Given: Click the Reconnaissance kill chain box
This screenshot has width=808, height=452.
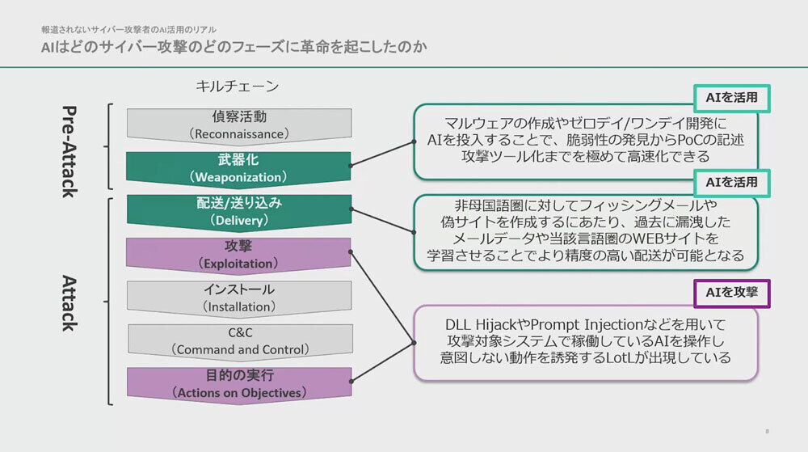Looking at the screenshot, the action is pos(239,125).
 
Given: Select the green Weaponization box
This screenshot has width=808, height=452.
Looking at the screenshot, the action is pos(238,168).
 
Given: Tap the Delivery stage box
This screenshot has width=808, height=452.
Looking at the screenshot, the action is pos(239,212).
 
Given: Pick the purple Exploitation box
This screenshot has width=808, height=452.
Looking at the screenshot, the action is pos(238,256).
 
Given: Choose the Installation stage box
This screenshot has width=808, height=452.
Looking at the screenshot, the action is pos(239,298).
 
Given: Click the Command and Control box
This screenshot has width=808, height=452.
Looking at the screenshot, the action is pos(240,341).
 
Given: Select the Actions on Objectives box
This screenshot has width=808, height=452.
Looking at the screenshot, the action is pos(239,385).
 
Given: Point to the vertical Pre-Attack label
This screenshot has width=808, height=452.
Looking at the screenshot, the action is pos(69,151).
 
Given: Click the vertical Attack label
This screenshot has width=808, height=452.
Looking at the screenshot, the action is pos(69,303).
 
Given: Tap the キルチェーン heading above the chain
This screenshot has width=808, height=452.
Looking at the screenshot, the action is pos(238,86).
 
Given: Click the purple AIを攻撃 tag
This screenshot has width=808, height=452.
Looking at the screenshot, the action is pos(732,294).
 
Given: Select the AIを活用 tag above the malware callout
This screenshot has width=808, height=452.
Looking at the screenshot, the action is pos(732,98).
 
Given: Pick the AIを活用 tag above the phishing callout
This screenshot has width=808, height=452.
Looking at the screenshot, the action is pos(732,183).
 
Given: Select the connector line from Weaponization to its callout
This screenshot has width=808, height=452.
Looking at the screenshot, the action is pos(382,154).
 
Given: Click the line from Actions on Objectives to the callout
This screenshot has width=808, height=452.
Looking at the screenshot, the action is pos(382,361).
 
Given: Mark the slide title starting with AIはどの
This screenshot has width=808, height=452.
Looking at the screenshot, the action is pos(234,47).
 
